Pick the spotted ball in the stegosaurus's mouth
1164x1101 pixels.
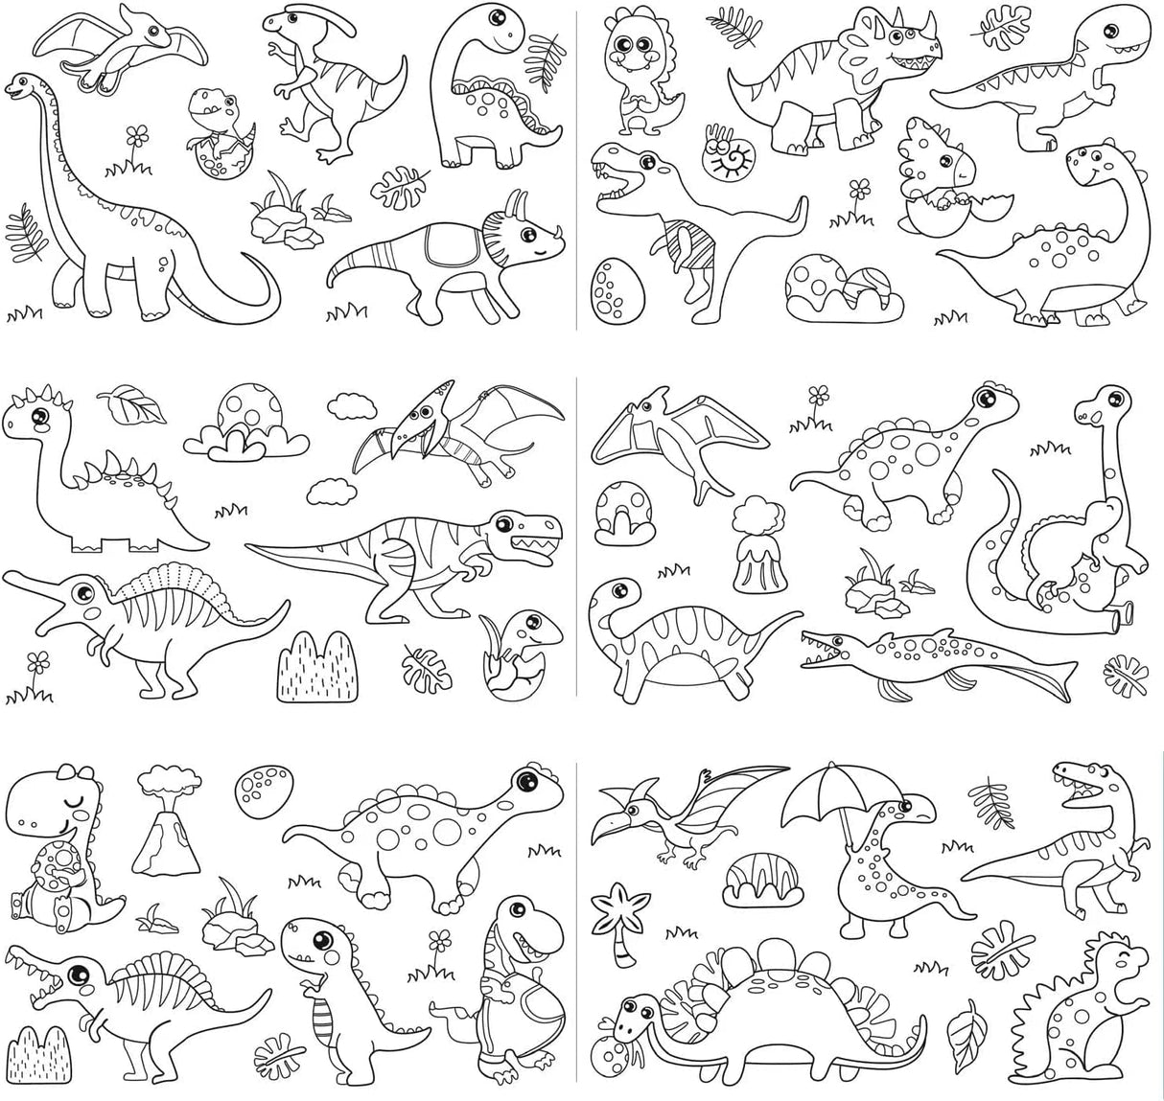pos(616,1042)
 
